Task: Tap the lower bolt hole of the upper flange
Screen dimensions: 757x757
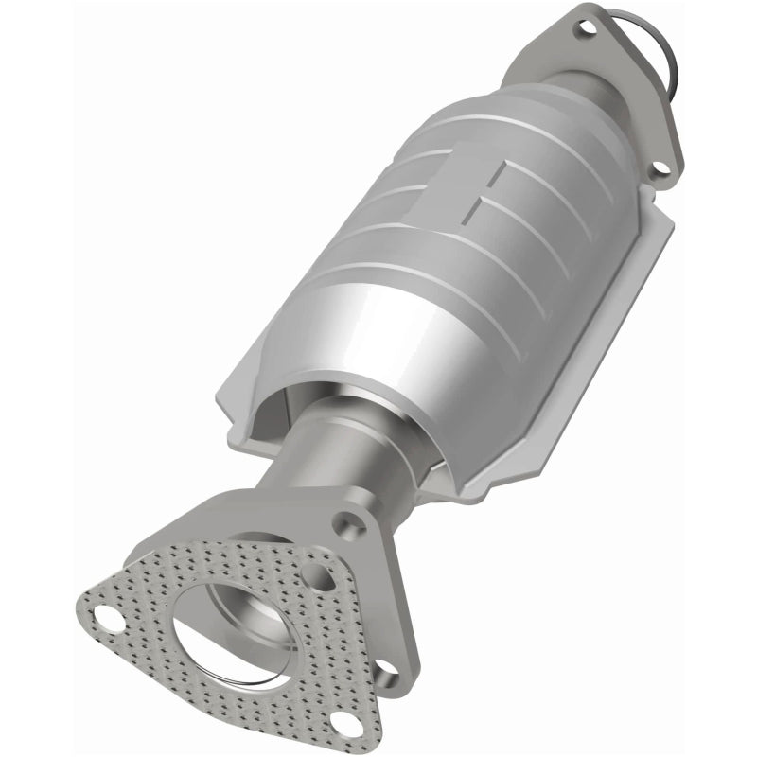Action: coord(661,169)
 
